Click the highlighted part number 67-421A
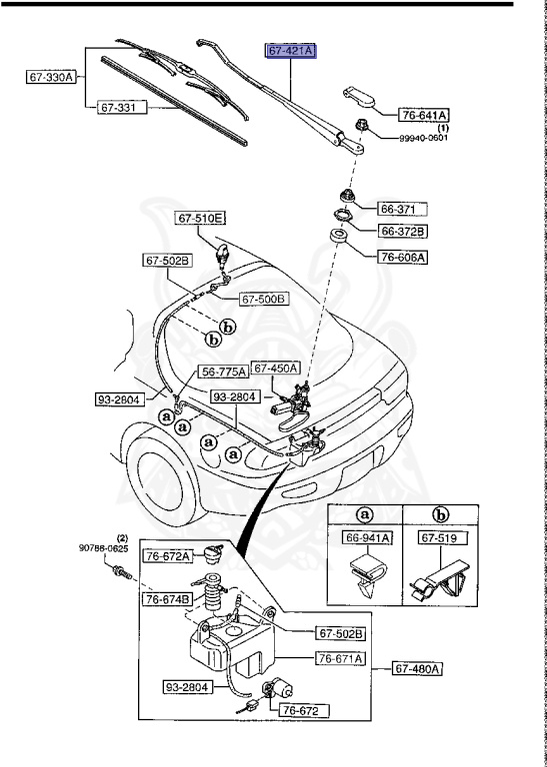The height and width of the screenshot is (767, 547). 290,51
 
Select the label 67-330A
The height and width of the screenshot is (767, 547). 51,76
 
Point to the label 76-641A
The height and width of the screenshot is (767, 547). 424,115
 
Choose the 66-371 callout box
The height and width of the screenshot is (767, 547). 402,210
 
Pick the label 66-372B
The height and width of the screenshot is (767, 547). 402,232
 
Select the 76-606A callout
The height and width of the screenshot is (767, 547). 402,257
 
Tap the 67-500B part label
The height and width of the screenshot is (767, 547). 263,299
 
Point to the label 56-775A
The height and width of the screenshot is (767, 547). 223,372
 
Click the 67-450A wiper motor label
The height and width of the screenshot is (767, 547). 276,369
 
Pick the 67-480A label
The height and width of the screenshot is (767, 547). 417,668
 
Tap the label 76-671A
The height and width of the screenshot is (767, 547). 341,658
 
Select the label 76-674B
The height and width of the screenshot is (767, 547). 167,600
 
